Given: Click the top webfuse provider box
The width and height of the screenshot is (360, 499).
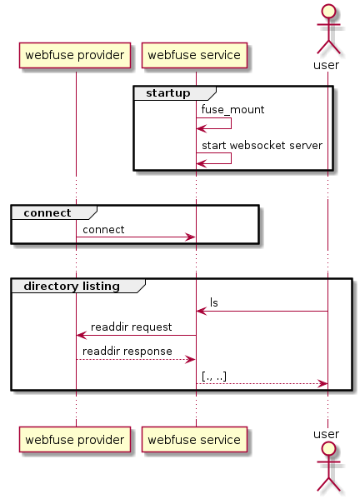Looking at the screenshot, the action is pyautogui.click(x=75, y=55).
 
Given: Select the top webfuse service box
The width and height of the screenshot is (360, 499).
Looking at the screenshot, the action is pyautogui.click(x=194, y=55).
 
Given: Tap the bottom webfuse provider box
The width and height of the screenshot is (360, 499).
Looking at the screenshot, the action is pyautogui.click(x=75, y=440).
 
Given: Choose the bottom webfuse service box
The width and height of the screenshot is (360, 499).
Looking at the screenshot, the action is pyautogui.click(x=194, y=440).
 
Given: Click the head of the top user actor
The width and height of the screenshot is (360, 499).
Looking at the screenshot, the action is pyautogui.click(x=328, y=12).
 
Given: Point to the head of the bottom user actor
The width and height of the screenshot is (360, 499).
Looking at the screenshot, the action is pyautogui.click(x=328, y=449).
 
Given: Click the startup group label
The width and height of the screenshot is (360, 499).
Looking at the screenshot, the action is pyautogui.click(x=168, y=93).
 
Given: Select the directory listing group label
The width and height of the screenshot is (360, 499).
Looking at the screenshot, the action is pyautogui.click(x=72, y=286).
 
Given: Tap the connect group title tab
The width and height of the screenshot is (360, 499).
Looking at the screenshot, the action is pyautogui.click(x=54, y=212).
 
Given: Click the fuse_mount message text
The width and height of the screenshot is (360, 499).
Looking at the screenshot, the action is pyautogui.click(x=232, y=110).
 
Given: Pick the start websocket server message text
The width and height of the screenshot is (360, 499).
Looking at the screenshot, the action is pyautogui.click(x=262, y=146).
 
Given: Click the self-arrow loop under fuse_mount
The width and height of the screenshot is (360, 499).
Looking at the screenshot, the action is pyautogui.click(x=231, y=123).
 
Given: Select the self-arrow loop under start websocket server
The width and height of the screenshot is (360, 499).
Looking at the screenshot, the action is pyautogui.click(x=231, y=158).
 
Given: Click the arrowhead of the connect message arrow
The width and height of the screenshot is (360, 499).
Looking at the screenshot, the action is pyautogui.click(x=190, y=237).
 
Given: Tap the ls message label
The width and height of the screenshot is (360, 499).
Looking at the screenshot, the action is pyautogui.click(x=214, y=302).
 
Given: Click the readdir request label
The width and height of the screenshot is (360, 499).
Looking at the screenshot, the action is pyautogui.click(x=131, y=327).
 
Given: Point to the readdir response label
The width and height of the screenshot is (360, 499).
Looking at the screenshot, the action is pyautogui.click(x=127, y=352).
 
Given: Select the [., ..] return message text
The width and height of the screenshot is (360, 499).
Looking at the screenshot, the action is pyautogui.click(x=214, y=377).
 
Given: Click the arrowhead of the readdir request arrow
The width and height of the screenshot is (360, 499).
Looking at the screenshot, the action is pyautogui.click(x=82, y=335).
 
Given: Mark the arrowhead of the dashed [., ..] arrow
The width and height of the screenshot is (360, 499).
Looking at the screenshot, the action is pyautogui.click(x=322, y=384).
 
